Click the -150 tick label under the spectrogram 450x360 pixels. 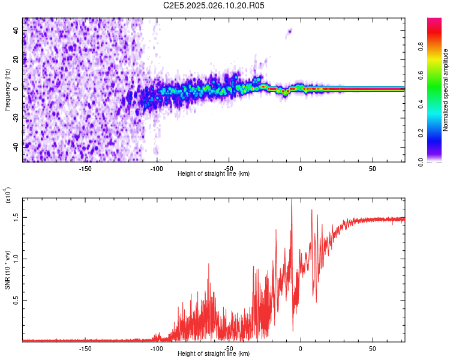click(x=85, y=169)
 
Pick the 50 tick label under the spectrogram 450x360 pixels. click(x=372, y=169)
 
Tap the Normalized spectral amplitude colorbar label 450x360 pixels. click(x=446, y=91)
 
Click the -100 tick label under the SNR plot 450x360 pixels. click(x=157, y=349)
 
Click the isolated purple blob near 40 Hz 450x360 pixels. click(x=289, y=31)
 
